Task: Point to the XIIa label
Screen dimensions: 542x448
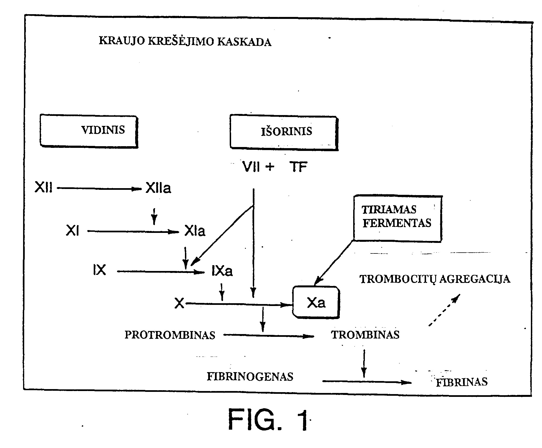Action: pyautogui.click(x=159, y=188)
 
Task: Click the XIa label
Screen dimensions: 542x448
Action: pyautogui.click(x=195, y=231)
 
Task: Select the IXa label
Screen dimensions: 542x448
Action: pyautogui.click(x=222, y=271)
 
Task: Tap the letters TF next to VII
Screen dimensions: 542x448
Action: pyautogui.click(x=298, y=167)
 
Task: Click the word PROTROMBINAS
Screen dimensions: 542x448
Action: pyautogui.click(x=170, y=335)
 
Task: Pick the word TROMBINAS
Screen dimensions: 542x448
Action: pyautogui.click(x=365, y=335)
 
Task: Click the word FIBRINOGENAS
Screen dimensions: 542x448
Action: pyautogui.click(x=250, y=377)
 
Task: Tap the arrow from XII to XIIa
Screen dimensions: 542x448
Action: pyautogui.click(x=100, y=189)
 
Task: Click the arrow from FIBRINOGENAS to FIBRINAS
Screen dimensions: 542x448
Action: pyautogui.click(x=367, y=382)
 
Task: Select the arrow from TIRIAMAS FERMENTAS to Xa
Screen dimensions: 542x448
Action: pyautogui.click(x=334, y=263)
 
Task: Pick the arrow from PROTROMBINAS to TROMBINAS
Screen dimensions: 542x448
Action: pyautogui.click(x=269, y=336)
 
